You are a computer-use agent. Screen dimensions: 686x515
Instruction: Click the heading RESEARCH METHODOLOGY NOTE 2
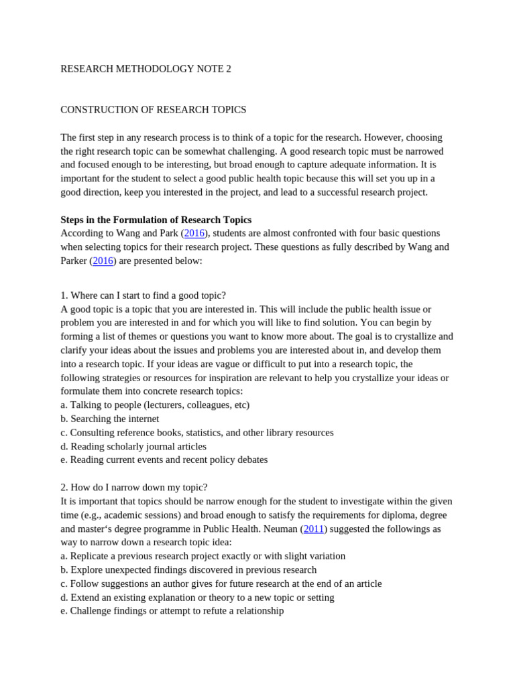[x=146, y=69]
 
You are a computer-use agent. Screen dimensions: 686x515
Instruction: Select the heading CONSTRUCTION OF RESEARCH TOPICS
[x=154, y=109]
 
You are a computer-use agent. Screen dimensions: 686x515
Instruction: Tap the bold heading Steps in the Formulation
[x=156, y=220]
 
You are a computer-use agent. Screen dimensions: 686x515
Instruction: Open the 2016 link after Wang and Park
[x=194, y=233]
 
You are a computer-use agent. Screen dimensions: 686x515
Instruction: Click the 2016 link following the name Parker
[x=103, y=261]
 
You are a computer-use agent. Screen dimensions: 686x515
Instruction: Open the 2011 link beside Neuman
[x=313, y=529]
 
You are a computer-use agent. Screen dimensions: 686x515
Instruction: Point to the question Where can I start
[x=143, y=295]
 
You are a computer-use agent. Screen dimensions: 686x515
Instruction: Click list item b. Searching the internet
[x=109, y=419]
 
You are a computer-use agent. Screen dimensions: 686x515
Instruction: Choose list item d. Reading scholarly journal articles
[x=133, y=446]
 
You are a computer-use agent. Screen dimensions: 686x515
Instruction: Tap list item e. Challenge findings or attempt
[x=172, y=611]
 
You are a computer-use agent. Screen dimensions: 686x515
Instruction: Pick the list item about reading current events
[x=164, y=460]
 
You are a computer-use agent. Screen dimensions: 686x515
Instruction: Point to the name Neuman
[x=280, y=529]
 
